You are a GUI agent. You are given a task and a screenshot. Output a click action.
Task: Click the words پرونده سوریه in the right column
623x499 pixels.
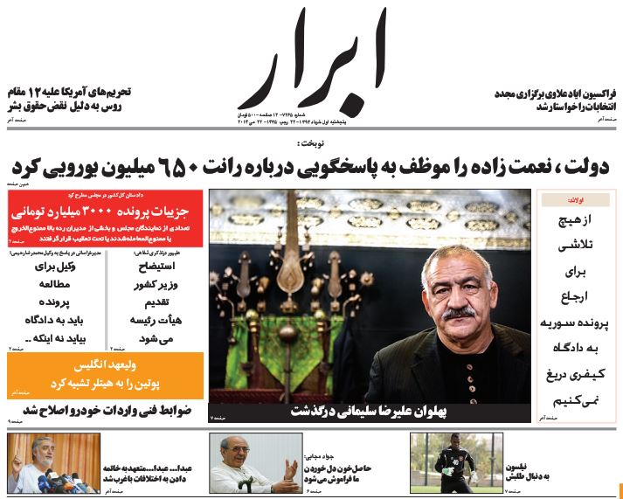[x=574, y=322]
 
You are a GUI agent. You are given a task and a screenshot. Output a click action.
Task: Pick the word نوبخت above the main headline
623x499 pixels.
[x=311, y=142]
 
